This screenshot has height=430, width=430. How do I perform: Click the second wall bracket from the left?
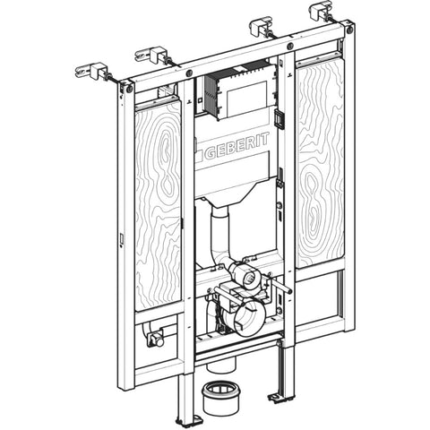click(x=151, y=55)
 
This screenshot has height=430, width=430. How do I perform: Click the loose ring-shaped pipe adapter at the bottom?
click(x=220, y=398)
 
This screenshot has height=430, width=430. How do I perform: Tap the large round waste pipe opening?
click(x=250, y=317)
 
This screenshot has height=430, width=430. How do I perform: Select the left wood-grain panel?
click(x=159, y=205)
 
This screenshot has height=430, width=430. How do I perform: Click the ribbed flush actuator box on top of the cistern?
click(x=239, y=91)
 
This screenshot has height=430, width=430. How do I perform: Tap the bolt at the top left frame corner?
click(x=130, y=89)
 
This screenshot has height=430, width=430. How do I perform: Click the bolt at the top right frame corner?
click(x=349, y=30)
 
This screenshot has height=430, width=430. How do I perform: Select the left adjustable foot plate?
click(x=185, y=420)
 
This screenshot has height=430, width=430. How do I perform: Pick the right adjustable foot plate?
click(x=279, y=397)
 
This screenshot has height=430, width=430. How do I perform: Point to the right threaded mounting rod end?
click(x=289, y=290)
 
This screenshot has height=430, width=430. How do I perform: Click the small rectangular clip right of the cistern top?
click(x=279, y=117)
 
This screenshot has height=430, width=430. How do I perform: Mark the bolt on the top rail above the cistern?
click(x=289, y=47)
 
